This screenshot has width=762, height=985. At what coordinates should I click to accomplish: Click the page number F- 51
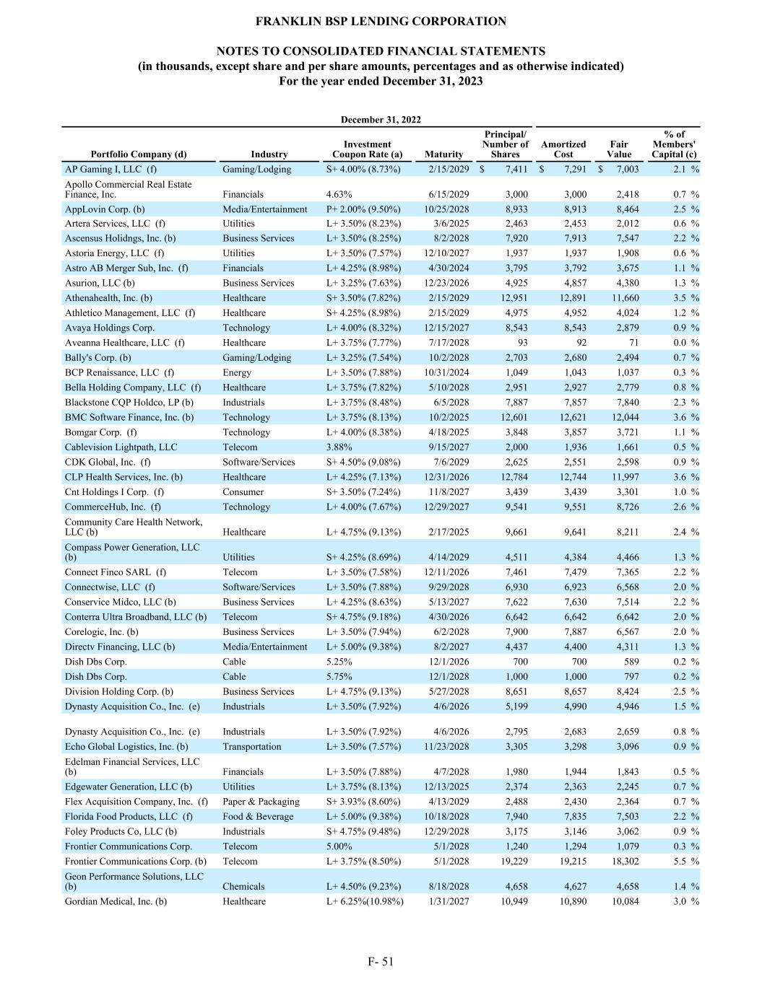(381, 961)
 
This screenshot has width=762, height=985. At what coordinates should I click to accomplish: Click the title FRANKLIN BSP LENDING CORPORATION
(381, 22)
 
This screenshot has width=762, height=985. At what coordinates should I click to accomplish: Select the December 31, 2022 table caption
(381, 120)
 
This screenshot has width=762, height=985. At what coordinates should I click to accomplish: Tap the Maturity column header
(443, 154)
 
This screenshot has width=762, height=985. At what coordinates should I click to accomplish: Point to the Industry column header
(269, 154)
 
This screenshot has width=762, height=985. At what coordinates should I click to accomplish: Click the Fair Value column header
(619, 149)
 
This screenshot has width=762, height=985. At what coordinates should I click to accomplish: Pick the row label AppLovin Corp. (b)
(105, 209)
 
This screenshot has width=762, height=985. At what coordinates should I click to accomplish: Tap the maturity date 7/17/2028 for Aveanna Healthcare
(448, 343)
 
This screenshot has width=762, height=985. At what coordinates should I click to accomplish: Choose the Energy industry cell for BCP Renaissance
(237, 372)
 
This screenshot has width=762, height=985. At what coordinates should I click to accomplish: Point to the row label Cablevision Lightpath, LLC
(121, 447)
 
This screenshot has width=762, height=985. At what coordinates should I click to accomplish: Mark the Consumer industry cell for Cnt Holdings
(243, 491)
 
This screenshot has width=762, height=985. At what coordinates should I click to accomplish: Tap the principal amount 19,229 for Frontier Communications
(514, 861)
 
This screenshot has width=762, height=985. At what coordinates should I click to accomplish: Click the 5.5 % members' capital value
(683, 861)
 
